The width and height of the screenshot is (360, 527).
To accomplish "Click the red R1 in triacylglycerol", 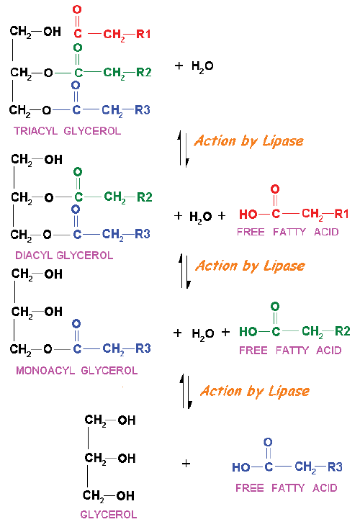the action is (x=143, y=34).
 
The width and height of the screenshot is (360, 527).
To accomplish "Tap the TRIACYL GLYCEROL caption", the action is (x=67, y=131).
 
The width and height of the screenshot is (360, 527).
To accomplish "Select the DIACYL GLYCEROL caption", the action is (x=64, y=256).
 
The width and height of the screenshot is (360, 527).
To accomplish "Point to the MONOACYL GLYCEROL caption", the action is (x=77, y=371).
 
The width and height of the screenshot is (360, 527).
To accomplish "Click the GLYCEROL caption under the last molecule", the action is (x=109, y=515).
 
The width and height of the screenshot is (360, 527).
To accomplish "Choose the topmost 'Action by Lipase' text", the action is (x=248, y=141).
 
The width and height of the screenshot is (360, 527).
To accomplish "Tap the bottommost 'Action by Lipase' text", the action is (x=255, y=391).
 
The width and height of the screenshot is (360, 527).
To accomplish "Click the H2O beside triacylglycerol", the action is (x=202, y=66).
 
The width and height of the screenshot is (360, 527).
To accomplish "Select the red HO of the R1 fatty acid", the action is (x=248, y=214).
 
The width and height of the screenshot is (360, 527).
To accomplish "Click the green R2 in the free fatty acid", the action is (x=343, y=331).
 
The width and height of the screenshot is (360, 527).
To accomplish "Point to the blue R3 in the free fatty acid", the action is (x=335, y=467).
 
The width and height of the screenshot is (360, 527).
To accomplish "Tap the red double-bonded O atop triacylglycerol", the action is (x=77, y=10).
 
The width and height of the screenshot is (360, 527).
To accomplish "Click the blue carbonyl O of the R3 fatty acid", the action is (x=268, y=442).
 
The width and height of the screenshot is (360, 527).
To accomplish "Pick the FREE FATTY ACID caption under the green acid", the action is (x=290, y=351).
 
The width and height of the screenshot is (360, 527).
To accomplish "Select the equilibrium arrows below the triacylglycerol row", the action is (x=184, y=149).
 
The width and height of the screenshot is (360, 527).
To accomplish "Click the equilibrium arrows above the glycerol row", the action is (x=186, y=391).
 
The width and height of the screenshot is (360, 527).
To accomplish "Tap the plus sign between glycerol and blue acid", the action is (x=186, y=464).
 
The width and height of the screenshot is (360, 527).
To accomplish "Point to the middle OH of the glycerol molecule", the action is (x=127, y=458).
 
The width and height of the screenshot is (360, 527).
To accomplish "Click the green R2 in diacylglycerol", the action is (x=145, y=197).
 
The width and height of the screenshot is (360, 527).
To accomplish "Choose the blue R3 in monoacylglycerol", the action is (x=143, y=348).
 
